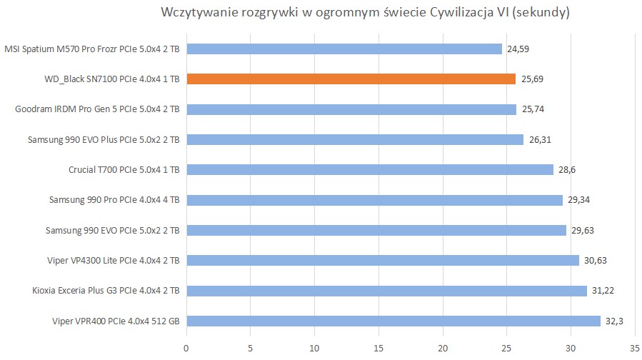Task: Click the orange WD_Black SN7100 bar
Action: tap(351, 79)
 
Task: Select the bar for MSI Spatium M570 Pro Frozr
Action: tap(343, 49)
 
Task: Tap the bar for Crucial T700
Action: tap(369, 170)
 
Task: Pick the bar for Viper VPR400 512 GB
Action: tap(393, 321)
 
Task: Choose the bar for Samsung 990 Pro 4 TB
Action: tap(374, 200)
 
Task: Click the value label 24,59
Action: tap(518, 49)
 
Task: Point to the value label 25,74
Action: tap(533, 109)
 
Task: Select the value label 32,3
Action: tap(615, 321)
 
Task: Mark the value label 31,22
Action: tap(603, 291)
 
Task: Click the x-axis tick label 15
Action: tap(378, 348)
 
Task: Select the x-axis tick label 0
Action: tap(186, 348)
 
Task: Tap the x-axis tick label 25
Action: tap(506, 348)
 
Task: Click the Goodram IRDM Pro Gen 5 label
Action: tap(96, 109)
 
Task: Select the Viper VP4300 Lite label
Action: tap(113, 260)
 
